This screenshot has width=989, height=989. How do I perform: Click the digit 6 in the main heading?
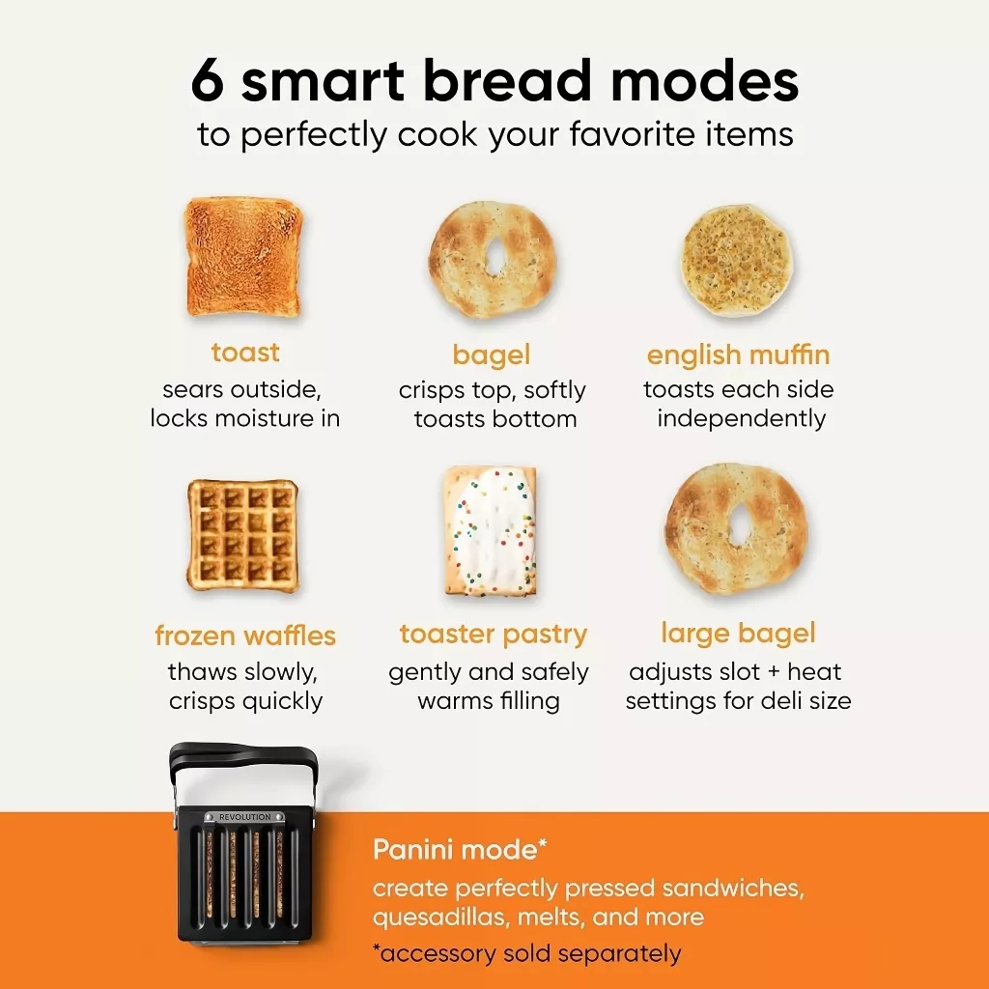[208, 81]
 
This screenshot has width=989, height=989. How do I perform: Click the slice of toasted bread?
[243, 256]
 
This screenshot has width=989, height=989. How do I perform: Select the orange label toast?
[245, 352]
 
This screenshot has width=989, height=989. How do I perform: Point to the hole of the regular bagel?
[494, 256]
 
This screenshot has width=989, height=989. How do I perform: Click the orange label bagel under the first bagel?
[492, 355]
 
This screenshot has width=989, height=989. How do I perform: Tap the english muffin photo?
[737, 260]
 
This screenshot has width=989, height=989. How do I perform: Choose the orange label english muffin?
[738, 354]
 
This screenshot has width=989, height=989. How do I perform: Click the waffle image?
[242, 535]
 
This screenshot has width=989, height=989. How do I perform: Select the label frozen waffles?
[245, 636]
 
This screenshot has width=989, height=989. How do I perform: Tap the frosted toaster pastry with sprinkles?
[491, 531]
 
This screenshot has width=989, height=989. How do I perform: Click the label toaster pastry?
[494, 635]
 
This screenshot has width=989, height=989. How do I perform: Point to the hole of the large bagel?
[736, 525]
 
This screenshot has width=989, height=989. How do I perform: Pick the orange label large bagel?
[738, 634]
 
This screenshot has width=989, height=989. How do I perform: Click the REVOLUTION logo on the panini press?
[244, 817]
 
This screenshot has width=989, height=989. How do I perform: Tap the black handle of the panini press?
[242, 755]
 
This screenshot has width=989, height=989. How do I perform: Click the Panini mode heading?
[459, 850]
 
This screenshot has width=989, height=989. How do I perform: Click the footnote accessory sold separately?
[527, 953]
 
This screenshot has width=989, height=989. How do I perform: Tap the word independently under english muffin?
[741, 419]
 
